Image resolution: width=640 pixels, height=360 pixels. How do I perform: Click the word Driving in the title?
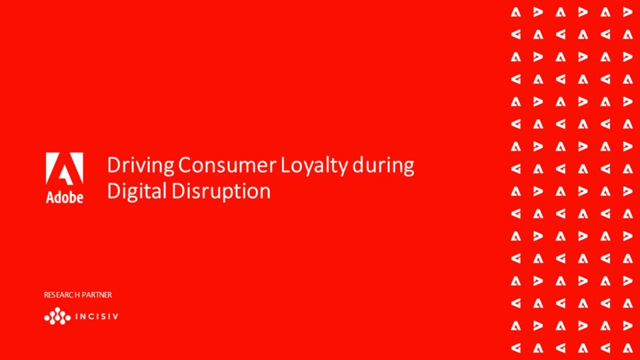pos(141,166)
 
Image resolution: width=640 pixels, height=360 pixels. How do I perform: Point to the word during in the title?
pos(383,166)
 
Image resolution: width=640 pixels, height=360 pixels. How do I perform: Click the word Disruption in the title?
pos(221,191)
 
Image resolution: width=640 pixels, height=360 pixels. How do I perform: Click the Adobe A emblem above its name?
pos(65,169)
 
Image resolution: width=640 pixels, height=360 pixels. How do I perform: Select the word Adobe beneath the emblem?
pos(65,197)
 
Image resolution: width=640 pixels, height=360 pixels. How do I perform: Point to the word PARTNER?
pos(97,295)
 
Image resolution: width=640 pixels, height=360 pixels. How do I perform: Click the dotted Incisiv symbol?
pos(57,316)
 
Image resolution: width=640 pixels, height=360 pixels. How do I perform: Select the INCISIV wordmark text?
pos(97,316)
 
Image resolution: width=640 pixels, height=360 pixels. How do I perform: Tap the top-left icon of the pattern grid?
pos(516,12)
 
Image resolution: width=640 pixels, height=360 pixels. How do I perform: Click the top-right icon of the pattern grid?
pos(628,12)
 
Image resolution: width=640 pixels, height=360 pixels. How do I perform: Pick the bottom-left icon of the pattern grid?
pos(516,348)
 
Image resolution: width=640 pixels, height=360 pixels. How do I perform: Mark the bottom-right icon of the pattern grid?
pos(628,348)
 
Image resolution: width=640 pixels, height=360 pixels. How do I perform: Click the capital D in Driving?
pos(114,165)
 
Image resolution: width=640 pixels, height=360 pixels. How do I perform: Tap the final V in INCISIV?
pos(115,316)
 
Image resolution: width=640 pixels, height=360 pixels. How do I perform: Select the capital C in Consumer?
pos(185,165)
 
